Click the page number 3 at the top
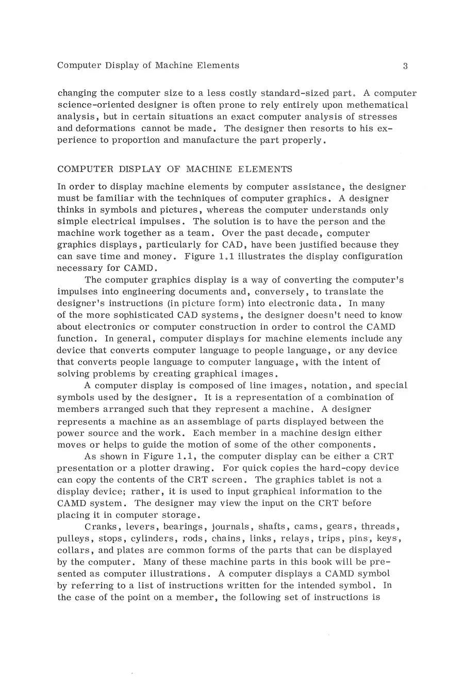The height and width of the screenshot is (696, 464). pyautogui.click(x=405, y=66)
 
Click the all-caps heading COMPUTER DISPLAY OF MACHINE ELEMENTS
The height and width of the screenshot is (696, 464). pyautogui.click(x=174, y=169)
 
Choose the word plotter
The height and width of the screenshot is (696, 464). pyautogui.click(x=160, y=468)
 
